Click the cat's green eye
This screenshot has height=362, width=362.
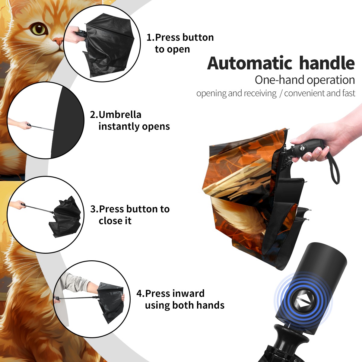39,29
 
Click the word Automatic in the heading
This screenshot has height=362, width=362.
250,63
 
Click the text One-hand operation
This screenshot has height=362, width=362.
305,80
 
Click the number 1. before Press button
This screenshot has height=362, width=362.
150,37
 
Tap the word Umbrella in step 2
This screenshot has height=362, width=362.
120,115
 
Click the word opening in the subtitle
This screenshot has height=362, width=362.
211,94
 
